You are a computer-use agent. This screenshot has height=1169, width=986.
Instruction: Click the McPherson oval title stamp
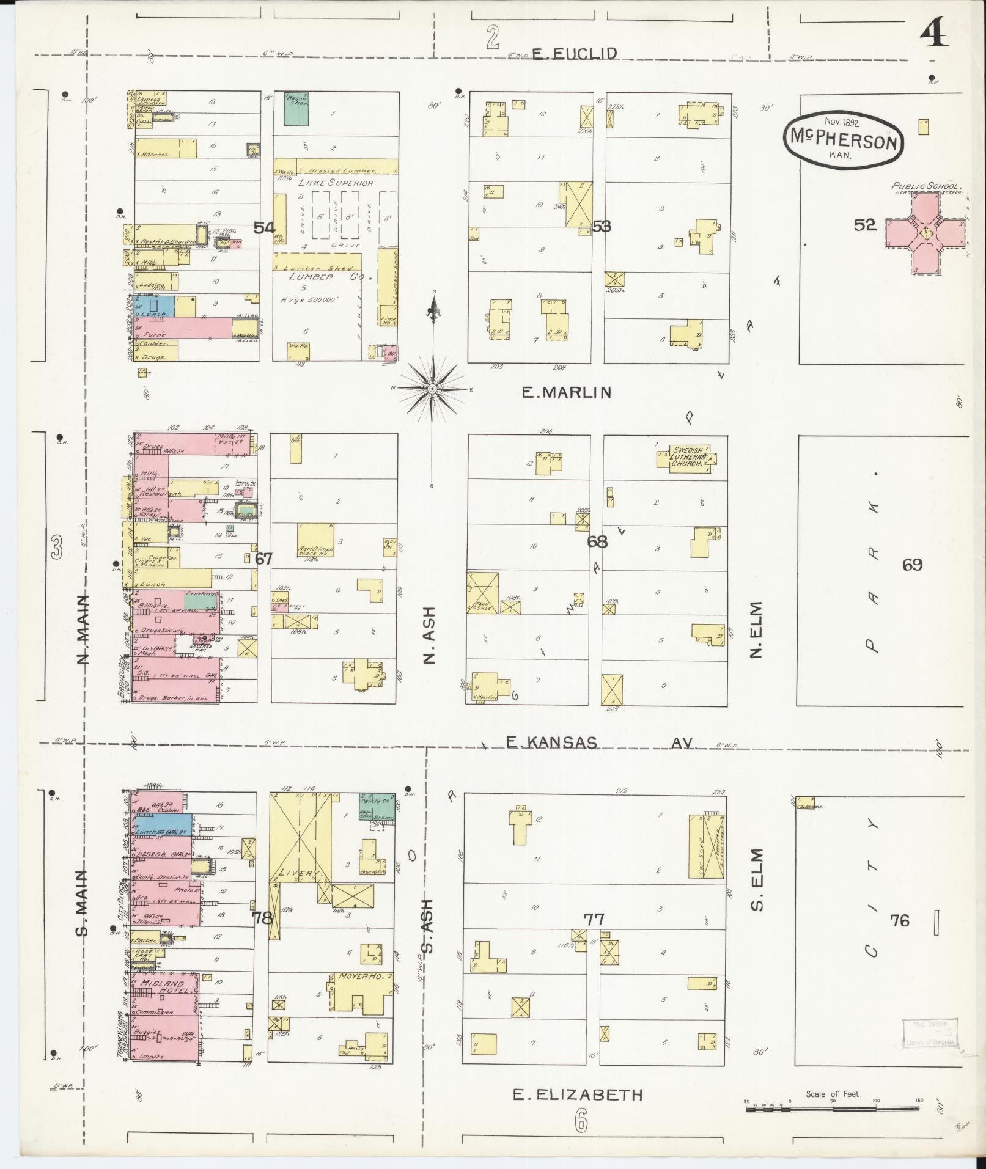[842, 140]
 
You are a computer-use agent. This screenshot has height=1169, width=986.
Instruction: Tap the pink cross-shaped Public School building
[925, 233]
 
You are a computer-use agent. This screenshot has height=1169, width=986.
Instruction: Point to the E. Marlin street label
[566, 392]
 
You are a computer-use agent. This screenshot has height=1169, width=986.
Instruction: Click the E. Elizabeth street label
[578, 1094]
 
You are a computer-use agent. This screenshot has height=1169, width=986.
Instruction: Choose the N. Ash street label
[430, 635]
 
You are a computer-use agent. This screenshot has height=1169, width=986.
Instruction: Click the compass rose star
[432, 389]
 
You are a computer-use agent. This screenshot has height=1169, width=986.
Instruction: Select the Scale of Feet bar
[832, 1107]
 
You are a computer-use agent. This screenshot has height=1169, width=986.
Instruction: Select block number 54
[264, 228]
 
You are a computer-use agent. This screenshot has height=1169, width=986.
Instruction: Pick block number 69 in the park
[912, 565]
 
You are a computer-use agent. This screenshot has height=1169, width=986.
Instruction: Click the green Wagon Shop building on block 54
[296, 109]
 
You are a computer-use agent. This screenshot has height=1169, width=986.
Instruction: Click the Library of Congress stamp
[929, 1032]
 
